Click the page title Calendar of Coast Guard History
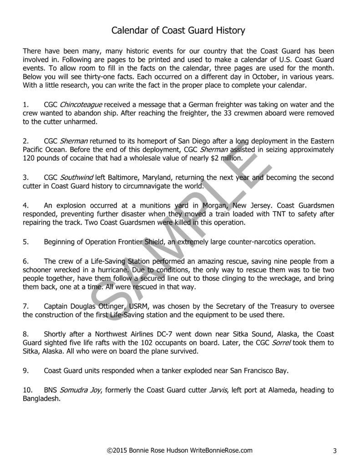pos(179,31)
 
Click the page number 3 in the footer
pos(335,451)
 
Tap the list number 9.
pos(25,371)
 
